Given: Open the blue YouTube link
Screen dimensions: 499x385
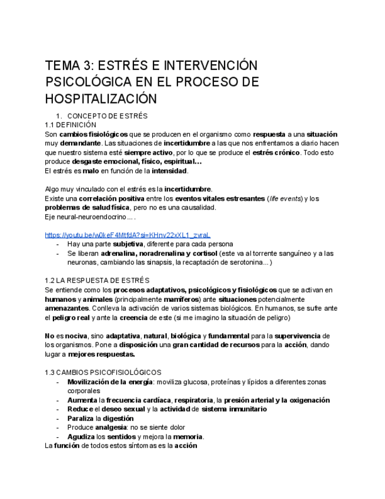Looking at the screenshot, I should coord(128,235).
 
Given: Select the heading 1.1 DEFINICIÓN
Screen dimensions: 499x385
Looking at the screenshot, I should coord(70,125).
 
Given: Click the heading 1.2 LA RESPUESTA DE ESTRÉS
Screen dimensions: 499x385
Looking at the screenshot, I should coord(97,280).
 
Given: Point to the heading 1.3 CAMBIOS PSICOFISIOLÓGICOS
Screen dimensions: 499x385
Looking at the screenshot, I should coord(103,372).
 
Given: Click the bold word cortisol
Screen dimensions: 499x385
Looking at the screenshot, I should coord(207,253).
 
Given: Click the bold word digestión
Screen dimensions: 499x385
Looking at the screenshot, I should coord(118,418).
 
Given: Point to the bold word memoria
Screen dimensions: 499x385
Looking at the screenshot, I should coord(186,437).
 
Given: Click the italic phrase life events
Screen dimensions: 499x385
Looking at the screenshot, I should coord(284,198).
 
